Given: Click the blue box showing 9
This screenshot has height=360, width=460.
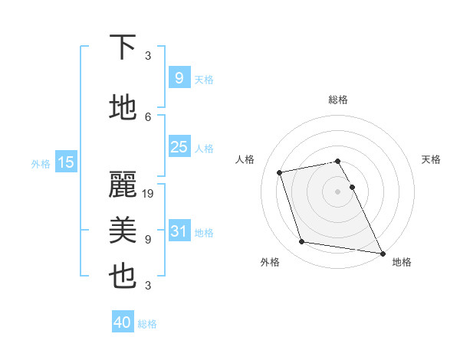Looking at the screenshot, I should click(x=179, y=78).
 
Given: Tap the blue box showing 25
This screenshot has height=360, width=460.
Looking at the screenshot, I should click(x=179, y=147).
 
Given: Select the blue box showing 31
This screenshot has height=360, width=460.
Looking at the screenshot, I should click(x=179, y=232).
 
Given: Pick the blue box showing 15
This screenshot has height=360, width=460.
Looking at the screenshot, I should click(x=66, y=162).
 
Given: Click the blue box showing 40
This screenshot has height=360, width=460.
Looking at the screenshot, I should click(x=123, y=322).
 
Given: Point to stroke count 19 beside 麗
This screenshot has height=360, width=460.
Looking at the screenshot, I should click(x=149, y=194).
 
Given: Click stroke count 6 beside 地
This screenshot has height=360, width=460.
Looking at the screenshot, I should click(x=148, y=116).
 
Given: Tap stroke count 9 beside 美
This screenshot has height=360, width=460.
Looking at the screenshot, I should click(x=148, y=240).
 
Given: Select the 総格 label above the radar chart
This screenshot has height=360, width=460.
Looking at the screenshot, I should click(x=338, y=100).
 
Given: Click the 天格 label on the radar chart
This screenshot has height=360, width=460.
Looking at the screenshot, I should click(x=431, y=159).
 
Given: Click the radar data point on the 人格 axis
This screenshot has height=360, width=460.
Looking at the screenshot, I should click(x=280, y=172).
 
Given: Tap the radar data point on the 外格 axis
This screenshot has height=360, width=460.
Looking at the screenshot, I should click(x=302, y=242).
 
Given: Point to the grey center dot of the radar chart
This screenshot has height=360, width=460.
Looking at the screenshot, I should click(x=338, y=191).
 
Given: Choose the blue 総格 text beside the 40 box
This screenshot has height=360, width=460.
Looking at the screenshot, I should click(x=147, y=324).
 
